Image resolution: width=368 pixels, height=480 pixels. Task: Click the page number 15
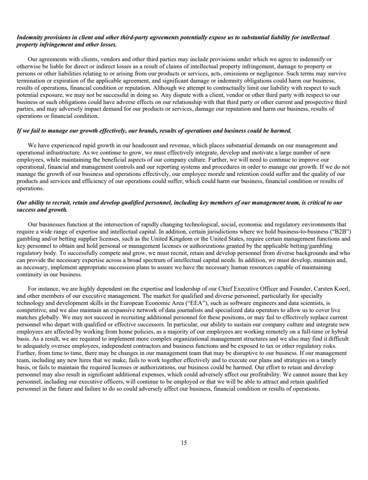[x=184, y=443]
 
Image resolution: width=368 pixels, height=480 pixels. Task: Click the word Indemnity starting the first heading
[x=29, y=38]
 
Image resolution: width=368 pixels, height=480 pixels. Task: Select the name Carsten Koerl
[x=332, y=288]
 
